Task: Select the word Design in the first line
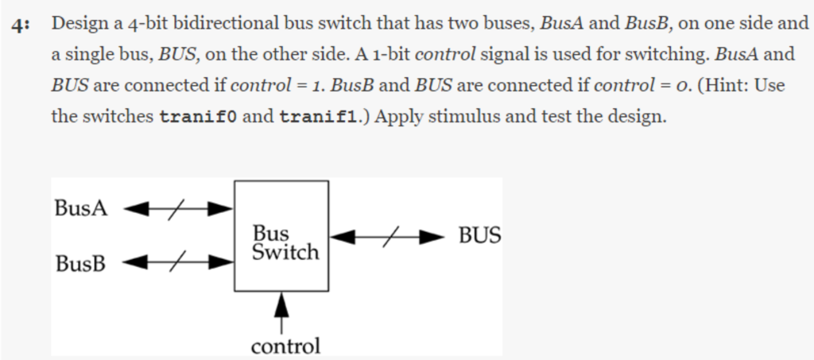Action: pyautogui.click(x=78, y=23)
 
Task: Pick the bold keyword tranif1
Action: pyautogui.click(x=323, y=117)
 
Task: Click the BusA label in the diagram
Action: pyautogui.click(x=80, y=208)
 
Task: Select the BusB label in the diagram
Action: pyautogui.click(x=80, y=262)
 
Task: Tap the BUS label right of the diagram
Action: pyautogui.click(x=479, y=235)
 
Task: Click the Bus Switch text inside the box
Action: pyautogui.click(x=284, y=243)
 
